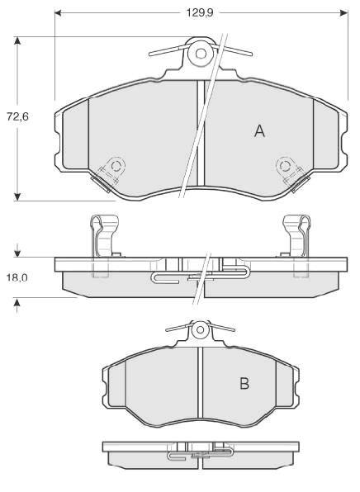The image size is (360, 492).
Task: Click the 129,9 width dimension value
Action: pyautogui.click(x=200, y=13)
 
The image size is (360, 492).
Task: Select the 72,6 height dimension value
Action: pyautogui.click(x=17, y=116)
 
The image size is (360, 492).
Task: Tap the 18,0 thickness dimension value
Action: pyautogui.click(x=17, y=277)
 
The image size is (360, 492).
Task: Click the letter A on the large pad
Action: pyautogui.click(x=259, y=131)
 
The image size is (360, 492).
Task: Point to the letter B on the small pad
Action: pyautogui.click(x=244, y=383)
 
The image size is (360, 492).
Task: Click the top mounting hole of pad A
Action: pyautogui.click(x=201, y=54)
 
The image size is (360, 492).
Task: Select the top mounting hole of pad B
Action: pyautogui.click(x=201, y=330)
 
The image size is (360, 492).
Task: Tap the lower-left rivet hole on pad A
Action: pyautogui.click(x=116, y=166)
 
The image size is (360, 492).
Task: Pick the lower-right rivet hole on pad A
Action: pyautogui.click(x=285, y=166)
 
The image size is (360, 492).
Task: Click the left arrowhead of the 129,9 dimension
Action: pyautogui.click(x=58, y=13)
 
